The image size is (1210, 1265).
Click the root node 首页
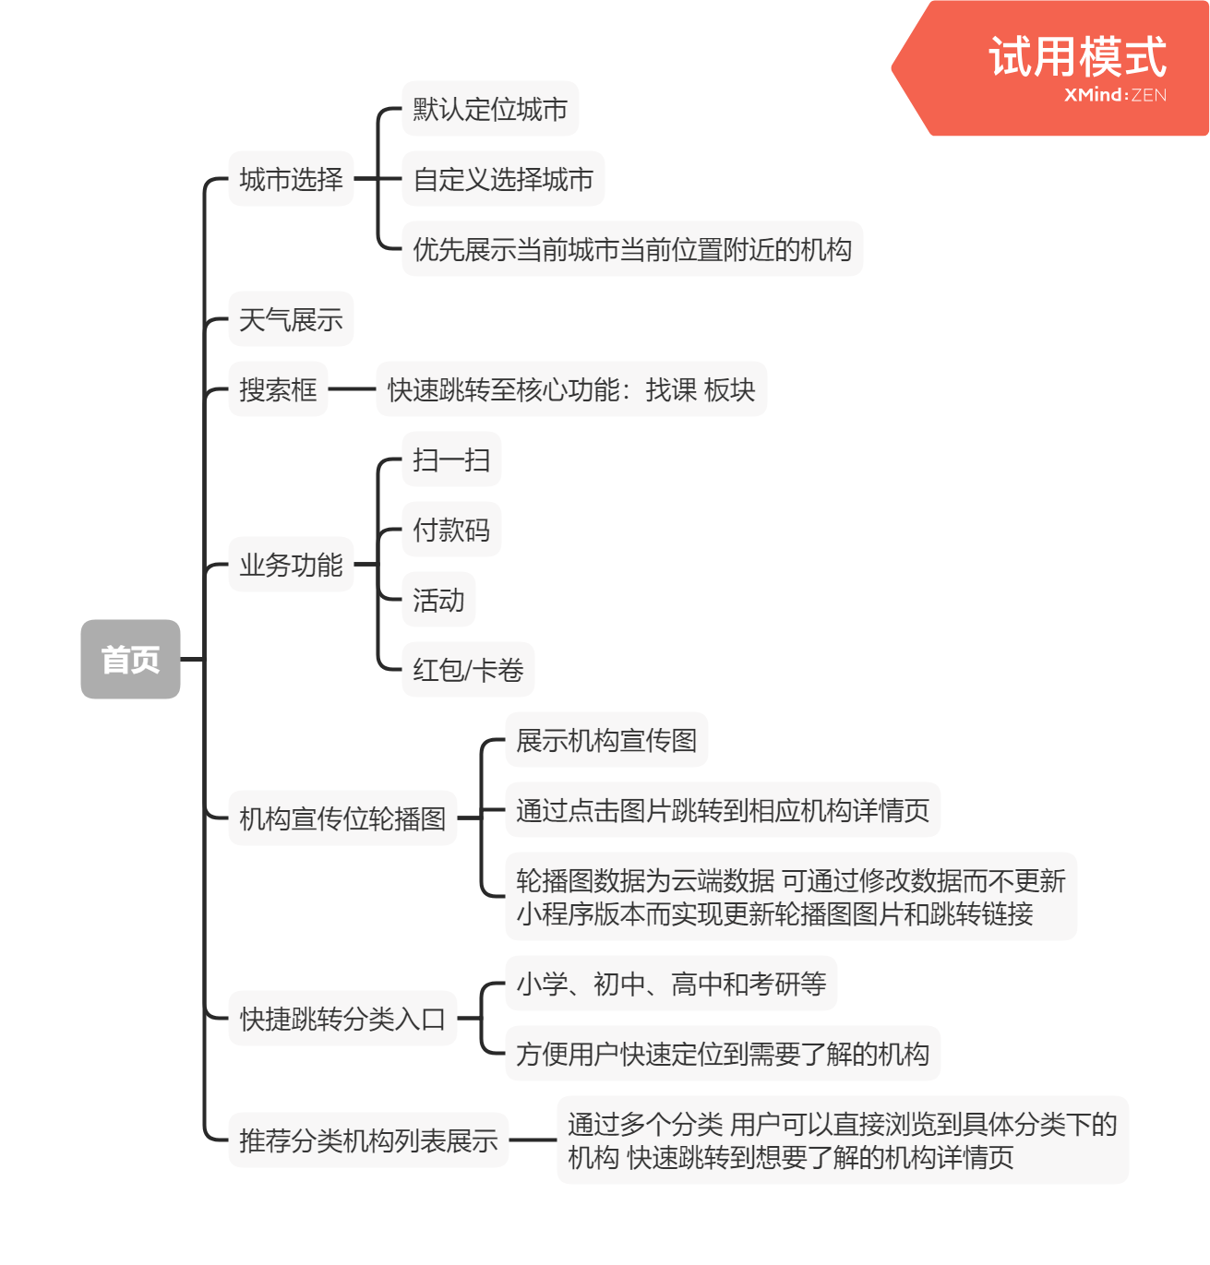[x=130, y=659]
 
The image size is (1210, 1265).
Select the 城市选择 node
[x=291, y=179]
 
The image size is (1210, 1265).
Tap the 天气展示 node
[x=291, y=319]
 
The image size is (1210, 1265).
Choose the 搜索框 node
[x=278, y=389]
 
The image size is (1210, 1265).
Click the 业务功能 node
[x=291, y=564]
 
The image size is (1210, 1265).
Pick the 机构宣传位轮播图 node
[x=342, y=817]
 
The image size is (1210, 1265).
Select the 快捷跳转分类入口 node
[x=342, y=1019]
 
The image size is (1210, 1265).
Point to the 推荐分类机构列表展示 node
[x=368, y=1140]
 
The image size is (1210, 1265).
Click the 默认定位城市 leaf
[x=490, y=109]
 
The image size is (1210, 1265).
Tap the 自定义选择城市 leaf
[x=503, y=179]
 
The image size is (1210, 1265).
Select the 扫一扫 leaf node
[x=451, y=459]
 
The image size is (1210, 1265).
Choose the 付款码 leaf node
[x=451, y=530]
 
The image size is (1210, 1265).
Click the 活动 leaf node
[x=438, y=600]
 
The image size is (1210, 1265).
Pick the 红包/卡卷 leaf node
[x=468, y=670]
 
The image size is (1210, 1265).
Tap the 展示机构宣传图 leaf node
[x=606, y=740]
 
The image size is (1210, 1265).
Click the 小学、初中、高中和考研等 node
[x=671, y=984]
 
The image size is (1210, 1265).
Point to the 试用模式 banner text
[x=1077, y=57]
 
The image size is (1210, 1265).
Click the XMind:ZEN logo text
[x=1115, y=95]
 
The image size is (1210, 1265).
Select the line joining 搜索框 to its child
[x=352, y=389]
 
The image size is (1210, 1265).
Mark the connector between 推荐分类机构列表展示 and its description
[x=533, y=1140]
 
